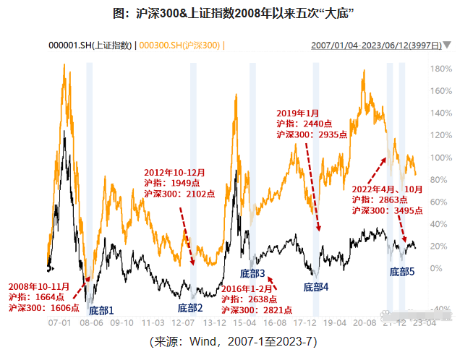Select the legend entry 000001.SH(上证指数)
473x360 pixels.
coord(90,45)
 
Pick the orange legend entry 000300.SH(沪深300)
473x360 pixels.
coord(181,45)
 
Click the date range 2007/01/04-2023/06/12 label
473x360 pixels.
coord(375,45)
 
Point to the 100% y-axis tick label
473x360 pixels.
coord(441,158)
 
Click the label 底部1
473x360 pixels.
coord(101,311)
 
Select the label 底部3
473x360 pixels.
coord(253,275)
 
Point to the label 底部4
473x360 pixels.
coord(316,287)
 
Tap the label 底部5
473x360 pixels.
coord(402,273)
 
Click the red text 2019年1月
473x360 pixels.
coord(298,113)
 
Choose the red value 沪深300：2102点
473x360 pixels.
coord(179,193)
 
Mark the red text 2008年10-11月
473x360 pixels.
coord(38,286)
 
